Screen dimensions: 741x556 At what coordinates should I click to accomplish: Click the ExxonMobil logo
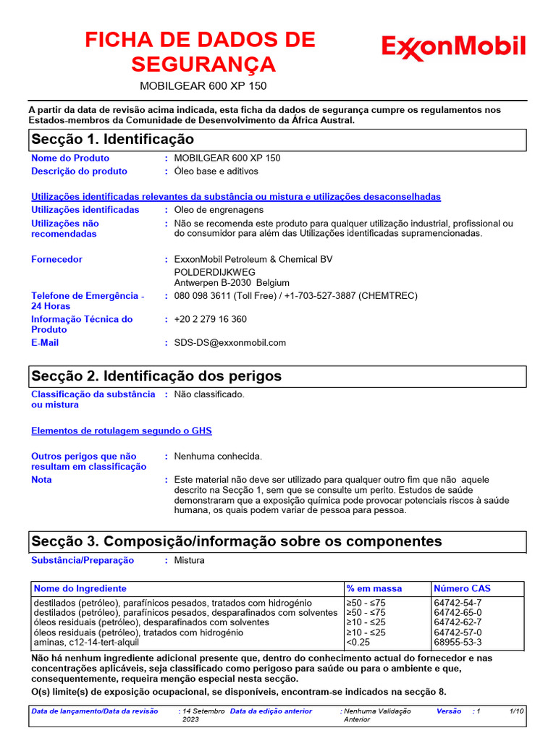(453, 48)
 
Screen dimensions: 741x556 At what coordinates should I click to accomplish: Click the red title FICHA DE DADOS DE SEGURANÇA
(201, 52)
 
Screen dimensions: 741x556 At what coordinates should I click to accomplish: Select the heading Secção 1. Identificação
(112, 139)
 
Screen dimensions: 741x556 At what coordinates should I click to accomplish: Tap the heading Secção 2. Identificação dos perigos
(156, 376)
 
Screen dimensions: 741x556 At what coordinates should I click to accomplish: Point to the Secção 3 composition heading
(236, 541)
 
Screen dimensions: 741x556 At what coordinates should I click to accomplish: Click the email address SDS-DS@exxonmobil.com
(229, 343)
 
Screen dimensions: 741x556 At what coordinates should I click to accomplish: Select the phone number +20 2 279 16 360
(210, 319)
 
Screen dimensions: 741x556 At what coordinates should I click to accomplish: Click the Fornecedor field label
(56, 260)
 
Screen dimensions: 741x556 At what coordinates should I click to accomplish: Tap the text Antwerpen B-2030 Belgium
(232, 283)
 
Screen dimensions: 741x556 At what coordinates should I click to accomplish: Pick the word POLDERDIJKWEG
(215, 272)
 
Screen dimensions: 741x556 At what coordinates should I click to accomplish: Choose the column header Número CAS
(462, 588)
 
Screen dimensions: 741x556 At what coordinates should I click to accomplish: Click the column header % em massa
(374, 588)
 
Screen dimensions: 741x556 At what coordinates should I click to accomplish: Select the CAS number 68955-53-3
(458, 642)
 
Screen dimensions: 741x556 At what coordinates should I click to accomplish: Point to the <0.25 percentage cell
(358, 642)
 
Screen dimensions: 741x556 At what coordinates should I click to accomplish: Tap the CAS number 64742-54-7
(458, 603)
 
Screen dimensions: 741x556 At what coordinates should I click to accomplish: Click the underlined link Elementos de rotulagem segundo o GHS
(122, 431)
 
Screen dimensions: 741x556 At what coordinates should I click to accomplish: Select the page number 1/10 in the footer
(516, 711)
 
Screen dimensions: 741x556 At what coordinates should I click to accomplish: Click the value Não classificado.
(209, 394)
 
